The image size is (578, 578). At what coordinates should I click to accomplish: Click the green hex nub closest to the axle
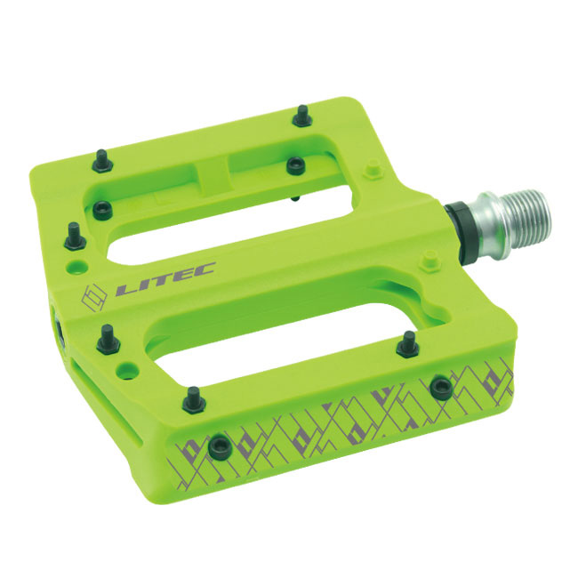point(429,259)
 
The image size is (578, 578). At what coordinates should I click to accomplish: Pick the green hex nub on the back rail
point(373,170)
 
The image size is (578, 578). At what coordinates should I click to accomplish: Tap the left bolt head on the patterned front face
point(220,446)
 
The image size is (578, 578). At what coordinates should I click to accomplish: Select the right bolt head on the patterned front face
point(442,387)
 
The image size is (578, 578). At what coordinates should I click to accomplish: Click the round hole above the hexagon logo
point(77,267)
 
